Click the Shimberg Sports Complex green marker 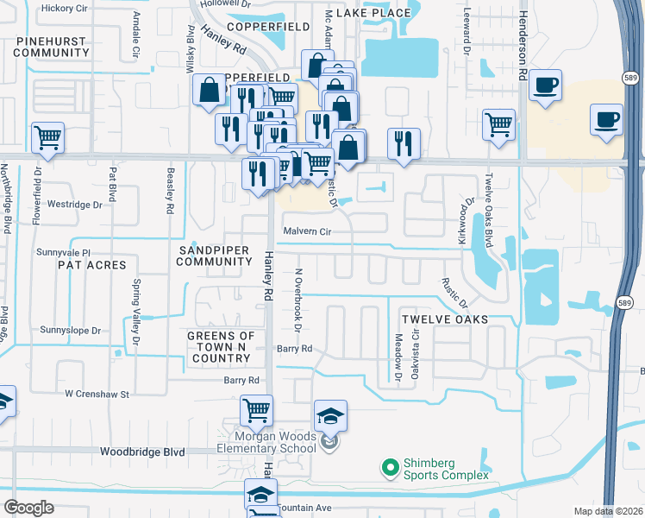pyautogui.click(x=390, y=467)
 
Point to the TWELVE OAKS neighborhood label pyautogui.click(x=448, y=319)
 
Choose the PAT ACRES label pyautogui.click(x=92, y=265)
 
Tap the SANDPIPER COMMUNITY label pyautogui.click(x=215, y=256)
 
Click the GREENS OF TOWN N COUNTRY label pyautogui.click(x=222, y=346)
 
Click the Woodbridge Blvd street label pyautogui.click(x=142, y=452)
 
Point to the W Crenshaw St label pyautogui.click(x=97, y=394)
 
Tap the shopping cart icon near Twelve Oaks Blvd pyautogui.click(x=499, y=123)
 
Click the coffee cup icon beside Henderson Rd pyautogui.click(x=545, y=85)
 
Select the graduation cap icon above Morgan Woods pyautogui.click(x=330, y=415)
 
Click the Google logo pyautogui.click(x=29, y=508)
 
